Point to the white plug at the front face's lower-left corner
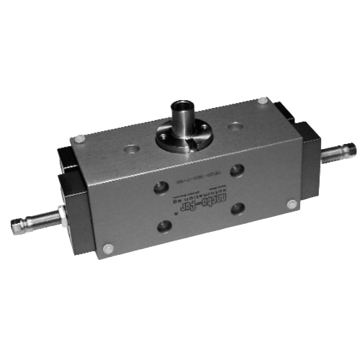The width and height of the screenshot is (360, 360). point(108,248)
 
